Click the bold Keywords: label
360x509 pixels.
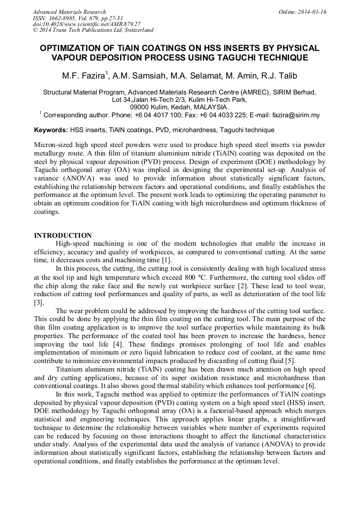coord(51,130)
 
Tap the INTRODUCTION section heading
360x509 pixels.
coord(63,235)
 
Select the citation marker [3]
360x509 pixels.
coord(39,303)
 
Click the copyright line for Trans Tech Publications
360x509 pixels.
coord(93,31)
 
